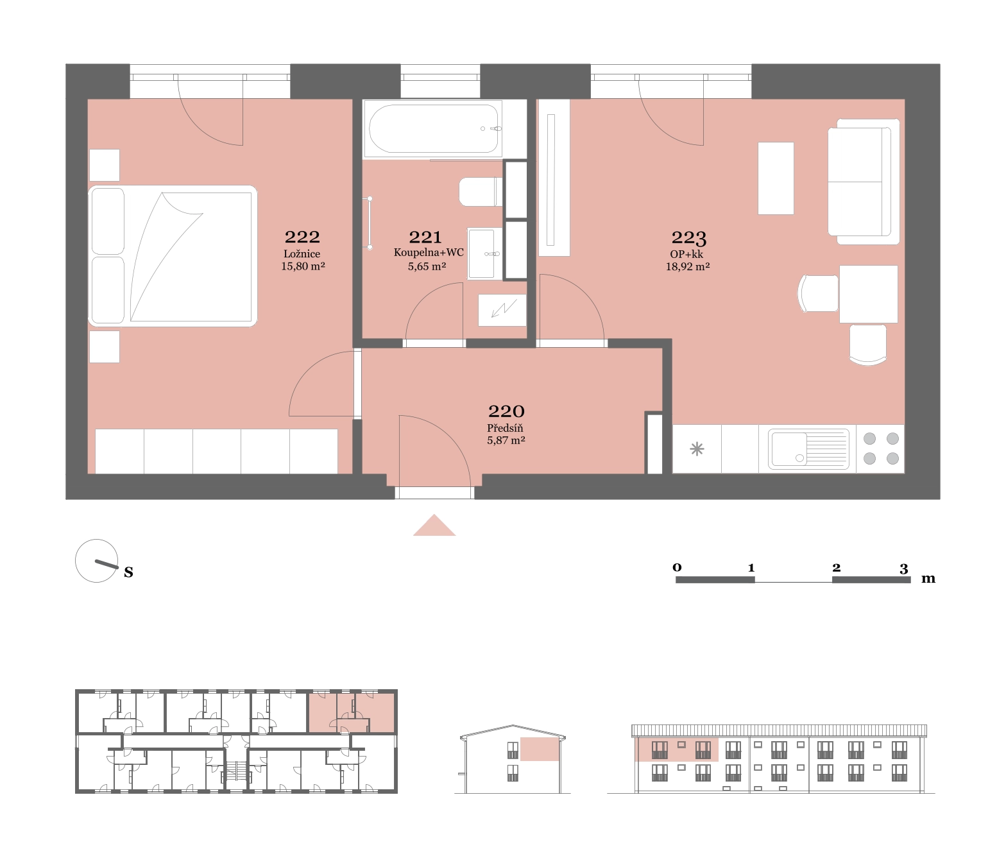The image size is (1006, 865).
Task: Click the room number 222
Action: tap(302, 237)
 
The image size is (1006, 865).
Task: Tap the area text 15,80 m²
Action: tap(303, 266)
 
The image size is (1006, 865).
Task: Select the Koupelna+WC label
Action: tap(429, 253)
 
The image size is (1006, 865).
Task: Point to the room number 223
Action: tap(688, 237)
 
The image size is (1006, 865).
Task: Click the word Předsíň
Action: tap(505, 429)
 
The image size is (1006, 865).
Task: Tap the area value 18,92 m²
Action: tap(688, 266)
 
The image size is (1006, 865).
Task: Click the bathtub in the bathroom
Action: tap(432, 129)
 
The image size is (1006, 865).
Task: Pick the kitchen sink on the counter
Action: tap(808, 449)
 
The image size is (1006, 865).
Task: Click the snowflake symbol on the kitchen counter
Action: tap(697, 449)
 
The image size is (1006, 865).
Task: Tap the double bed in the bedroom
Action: tap(173, 255)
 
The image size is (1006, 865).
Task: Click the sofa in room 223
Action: tap(864, 182)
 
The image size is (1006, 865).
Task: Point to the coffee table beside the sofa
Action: tap(776, 178)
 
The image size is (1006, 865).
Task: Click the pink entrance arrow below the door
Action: tap(434, 526)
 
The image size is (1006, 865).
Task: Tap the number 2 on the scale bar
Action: tap(836, 568)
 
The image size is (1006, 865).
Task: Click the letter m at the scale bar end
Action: tap(928, 579)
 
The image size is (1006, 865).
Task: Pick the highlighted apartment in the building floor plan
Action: tap(352, 713)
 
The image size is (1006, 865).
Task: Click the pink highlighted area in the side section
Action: tap(540, 749)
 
